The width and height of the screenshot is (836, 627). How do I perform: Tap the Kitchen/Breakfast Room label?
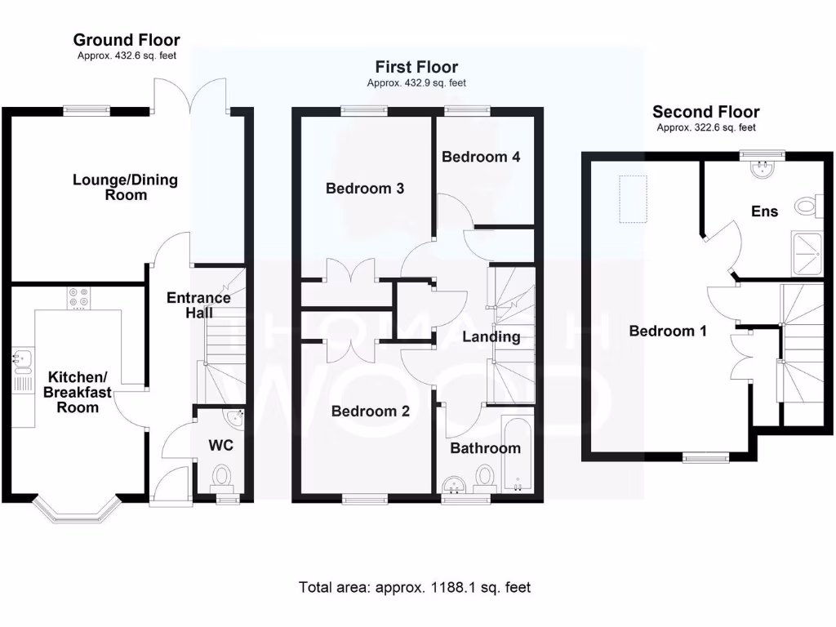pyautogui.click(x=78, y=392)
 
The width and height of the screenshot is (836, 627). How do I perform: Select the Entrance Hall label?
pyautogui.click(x=198, y=305)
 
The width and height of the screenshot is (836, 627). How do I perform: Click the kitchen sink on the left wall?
pyautogui.click(x=21, y=358)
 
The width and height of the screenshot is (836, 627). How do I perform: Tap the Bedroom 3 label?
pyautogui.click(x=365, y=189)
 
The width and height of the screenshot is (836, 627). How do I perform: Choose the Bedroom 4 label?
pyautogui.click(x=481, y=157)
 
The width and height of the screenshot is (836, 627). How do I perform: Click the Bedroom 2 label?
pyautogui.click(x=370, y=411)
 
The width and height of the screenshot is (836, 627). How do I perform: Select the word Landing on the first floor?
pyautogui.click(x=491, y=336)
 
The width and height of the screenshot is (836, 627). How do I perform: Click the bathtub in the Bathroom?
pyautogui.click(x=516, y=456)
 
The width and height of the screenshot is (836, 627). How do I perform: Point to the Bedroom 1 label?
pyautogui.click(x=668, y=331)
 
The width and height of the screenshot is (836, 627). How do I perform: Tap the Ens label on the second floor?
pyautogui.click(x=764, y=211)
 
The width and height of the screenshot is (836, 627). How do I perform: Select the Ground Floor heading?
pyautogui.click(x=127, y=40)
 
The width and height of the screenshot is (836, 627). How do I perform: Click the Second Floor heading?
pyautogui.click(x=705, y=112)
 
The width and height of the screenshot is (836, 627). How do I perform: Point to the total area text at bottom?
pyautogui.click(x=415, y=586)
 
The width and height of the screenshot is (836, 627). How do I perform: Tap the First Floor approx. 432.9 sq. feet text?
pyautogui.click(x=416, y=82)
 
